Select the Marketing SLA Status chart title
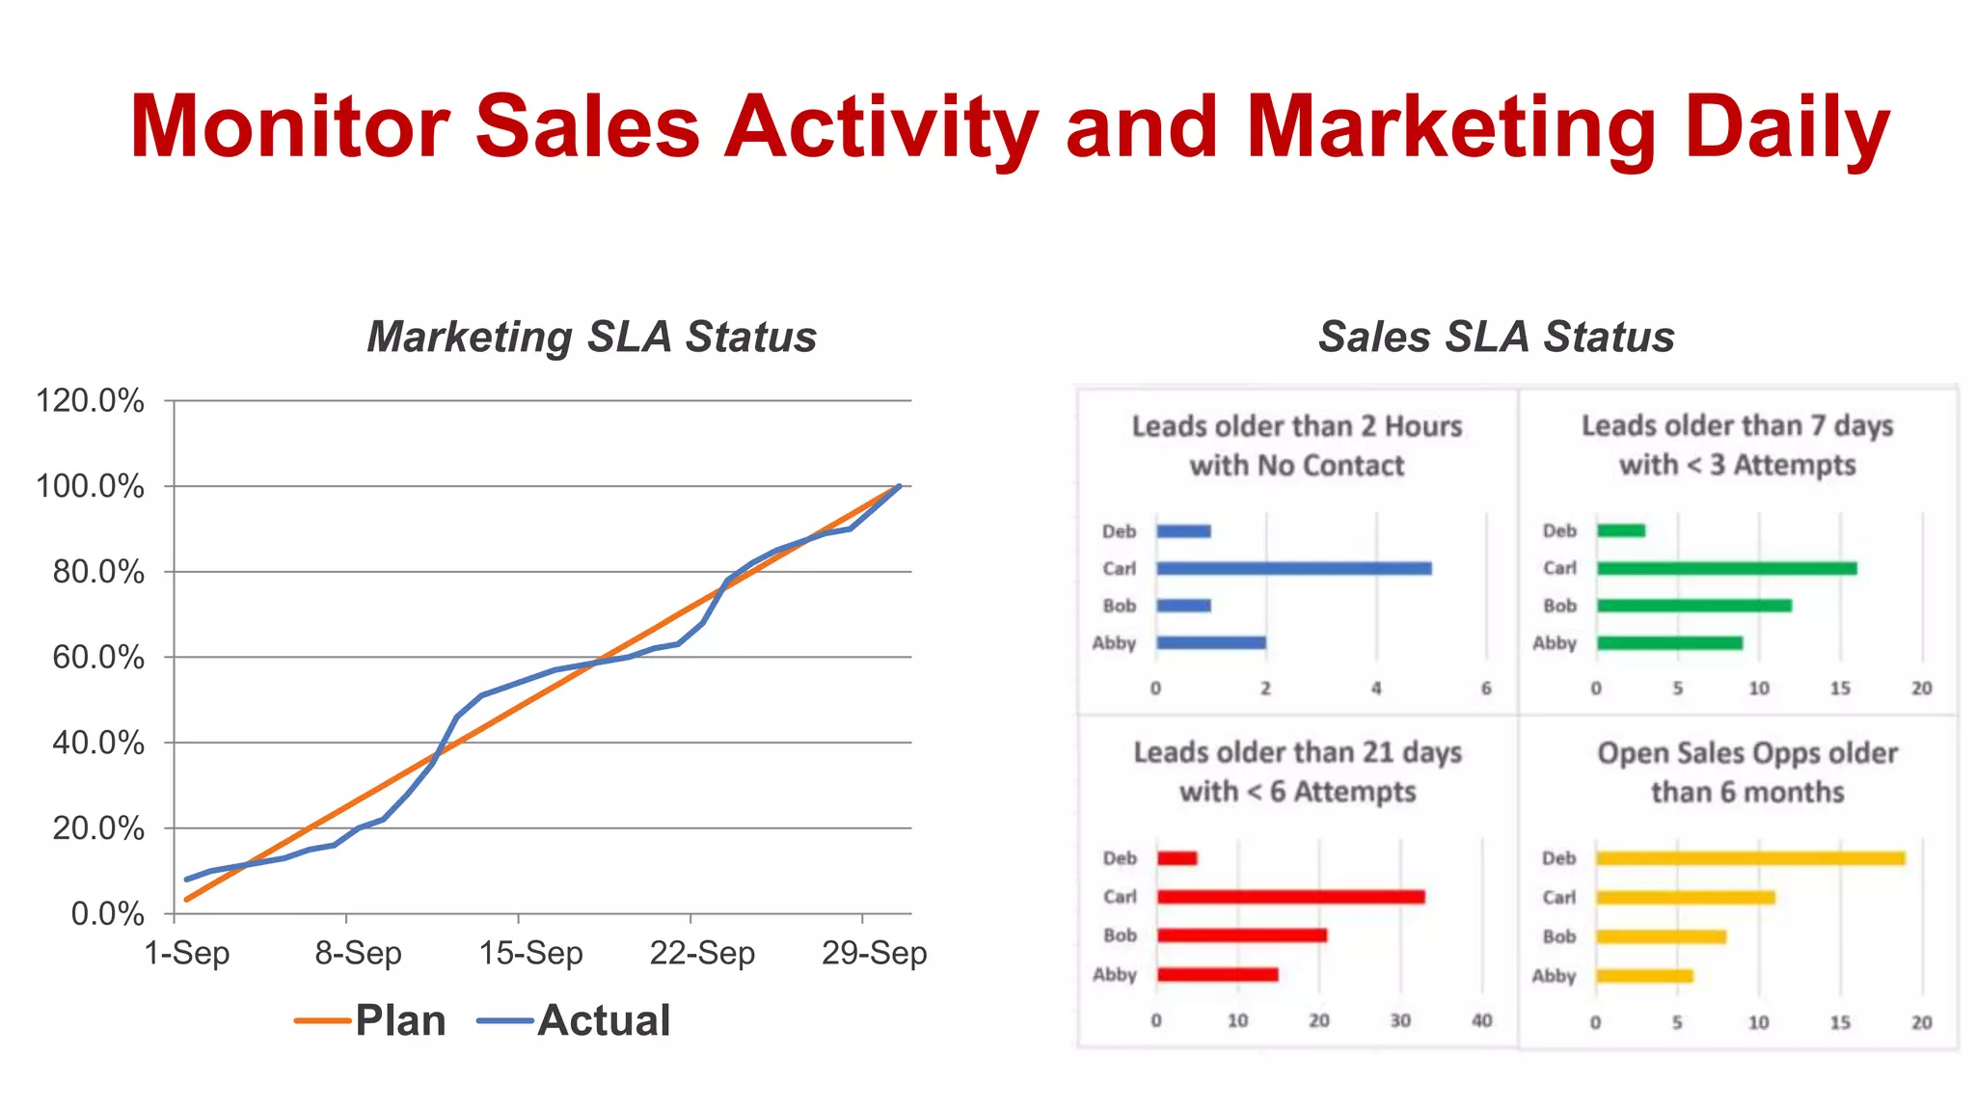pos(591,337)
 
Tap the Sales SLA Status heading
pos(1496,337)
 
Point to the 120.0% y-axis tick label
pos(90,400)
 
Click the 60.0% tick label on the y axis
pos(97,658)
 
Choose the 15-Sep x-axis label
pos(530,953)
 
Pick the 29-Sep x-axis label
pos(874,953)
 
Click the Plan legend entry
pos(371,1020)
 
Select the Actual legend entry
pos(575,1020)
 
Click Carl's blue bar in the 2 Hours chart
pos(1293,569)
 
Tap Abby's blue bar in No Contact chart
pos(1211,643)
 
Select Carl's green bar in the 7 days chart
pos(1726,569)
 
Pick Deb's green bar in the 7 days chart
pos(1621,530)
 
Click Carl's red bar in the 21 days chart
pos(1290,897)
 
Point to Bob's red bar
pos(1242,935)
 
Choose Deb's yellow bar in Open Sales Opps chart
pos(1750,858)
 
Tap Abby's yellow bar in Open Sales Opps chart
pos(1644,976)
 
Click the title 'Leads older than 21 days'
pos(1297,752)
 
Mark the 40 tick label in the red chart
pos(1481,1020)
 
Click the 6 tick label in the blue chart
pos(1486,689)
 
